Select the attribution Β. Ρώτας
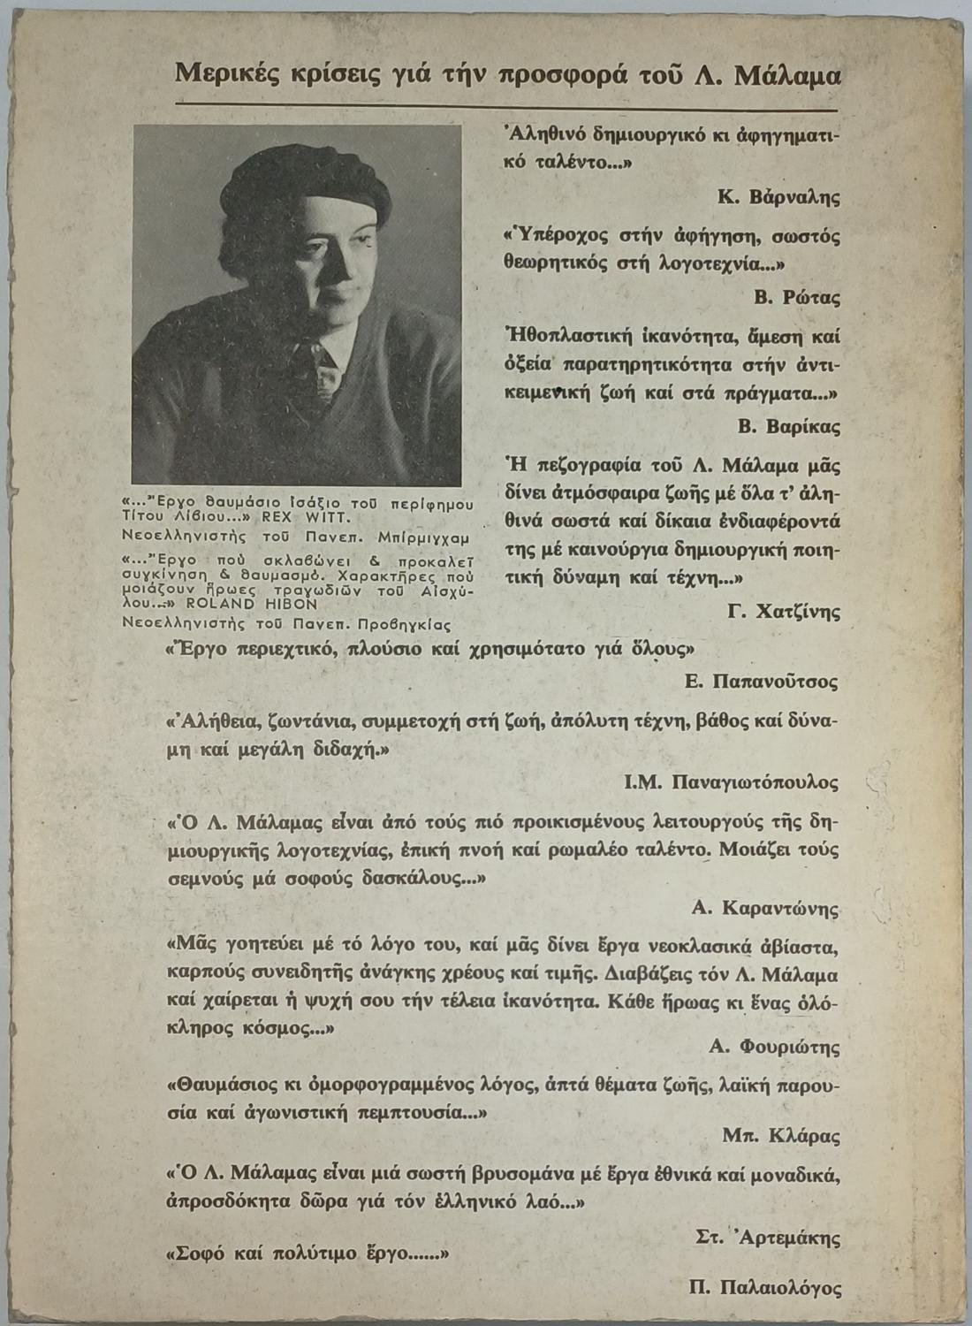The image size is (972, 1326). click(x=797, y=298)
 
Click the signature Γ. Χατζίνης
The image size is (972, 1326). click(x=784, y=611)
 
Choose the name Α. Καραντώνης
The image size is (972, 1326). click(x=765, y=908)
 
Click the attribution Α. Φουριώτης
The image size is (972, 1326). click(x=773, y=1047)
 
